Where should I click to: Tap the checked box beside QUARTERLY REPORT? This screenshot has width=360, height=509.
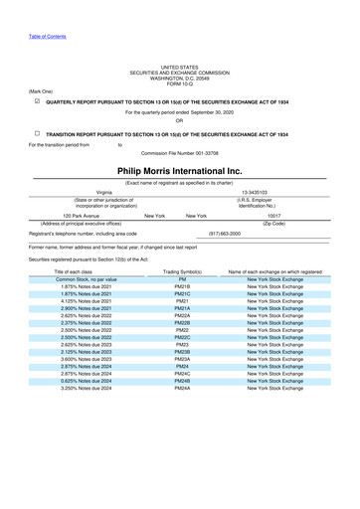pos(36,101)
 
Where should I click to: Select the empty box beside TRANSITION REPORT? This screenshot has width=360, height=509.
pos(36,133)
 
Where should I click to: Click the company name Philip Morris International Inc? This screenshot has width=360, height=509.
pos(179,171)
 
